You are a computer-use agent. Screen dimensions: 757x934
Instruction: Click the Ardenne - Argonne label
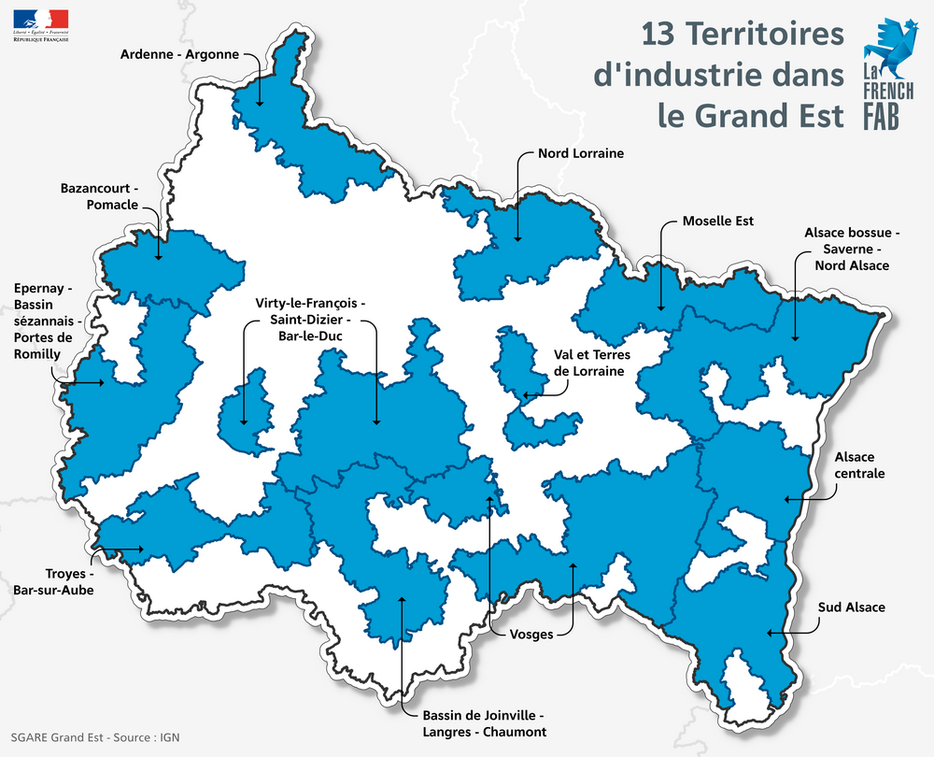[180, 55]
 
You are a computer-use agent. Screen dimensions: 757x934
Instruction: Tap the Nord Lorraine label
[580, 152]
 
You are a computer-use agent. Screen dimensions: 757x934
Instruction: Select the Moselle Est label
[717, 221]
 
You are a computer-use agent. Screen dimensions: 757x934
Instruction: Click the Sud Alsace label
[851, 607]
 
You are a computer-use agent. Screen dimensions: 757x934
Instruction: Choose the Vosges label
[531, 635]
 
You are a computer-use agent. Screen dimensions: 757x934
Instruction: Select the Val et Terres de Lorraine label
[592, 363]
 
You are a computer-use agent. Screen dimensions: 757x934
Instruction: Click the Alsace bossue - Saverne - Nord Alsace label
[851, 248]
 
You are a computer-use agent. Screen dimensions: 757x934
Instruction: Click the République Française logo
[41, 24]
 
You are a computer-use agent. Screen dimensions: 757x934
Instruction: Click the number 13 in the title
[660, 35]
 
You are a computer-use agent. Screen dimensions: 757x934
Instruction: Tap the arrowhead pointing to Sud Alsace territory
[769, 634]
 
